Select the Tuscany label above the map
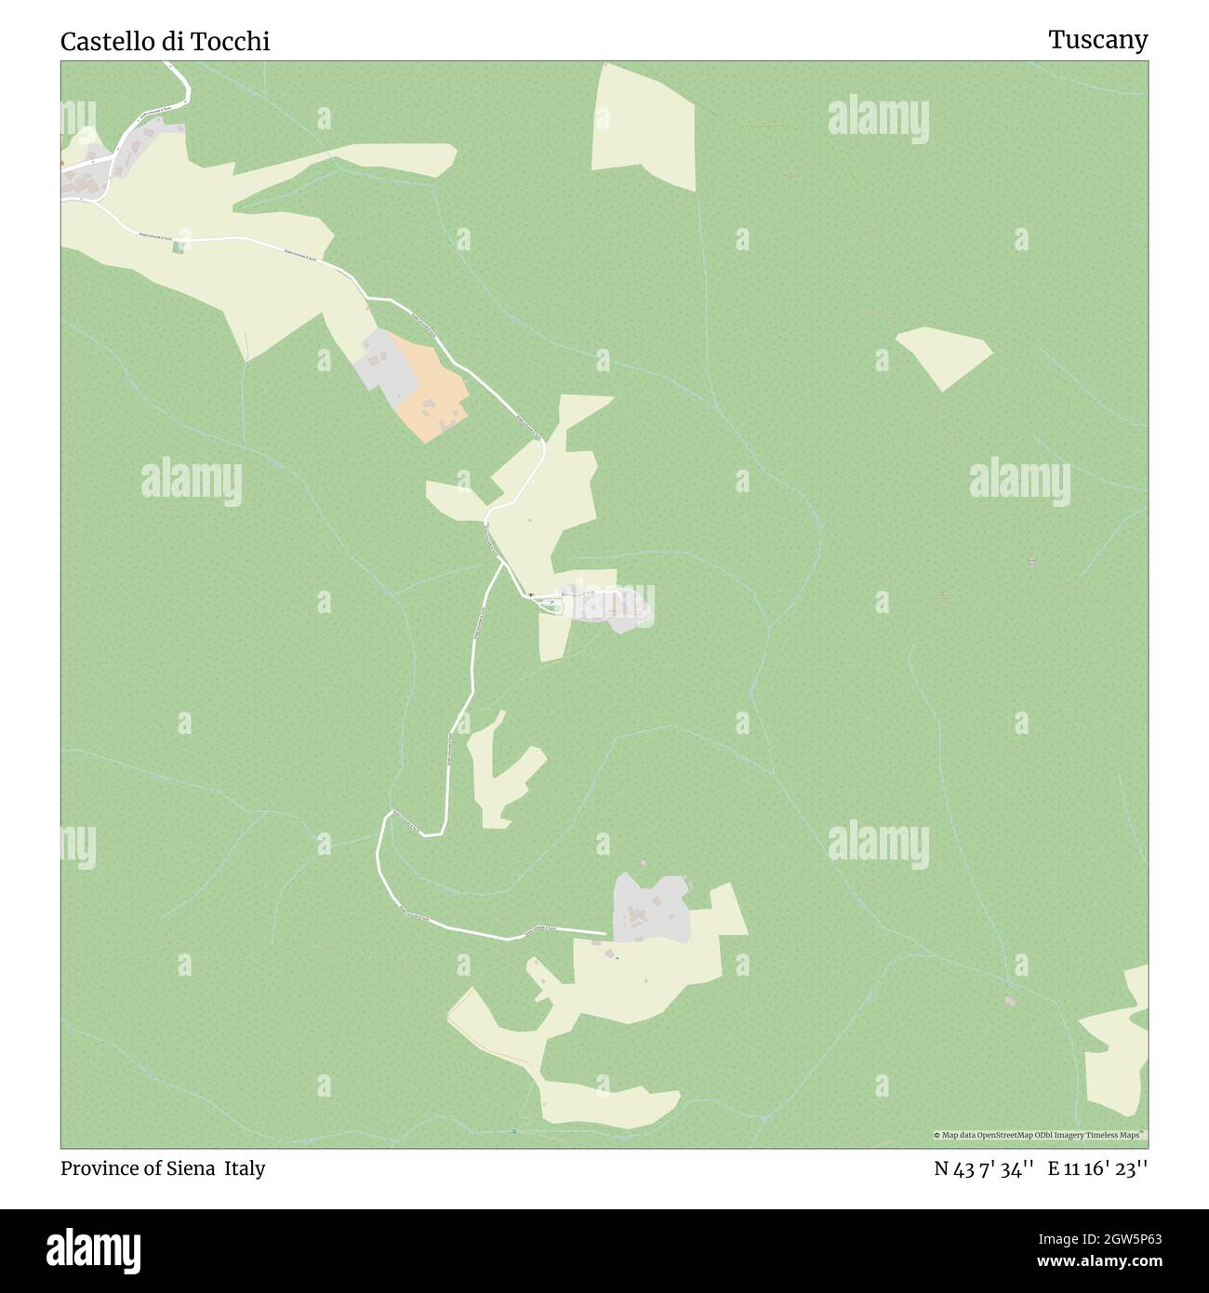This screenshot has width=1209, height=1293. tap(1097, 39)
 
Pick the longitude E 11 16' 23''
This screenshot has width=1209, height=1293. tap(1097, 1168)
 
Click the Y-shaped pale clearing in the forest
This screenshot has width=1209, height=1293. tap(497, 772)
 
